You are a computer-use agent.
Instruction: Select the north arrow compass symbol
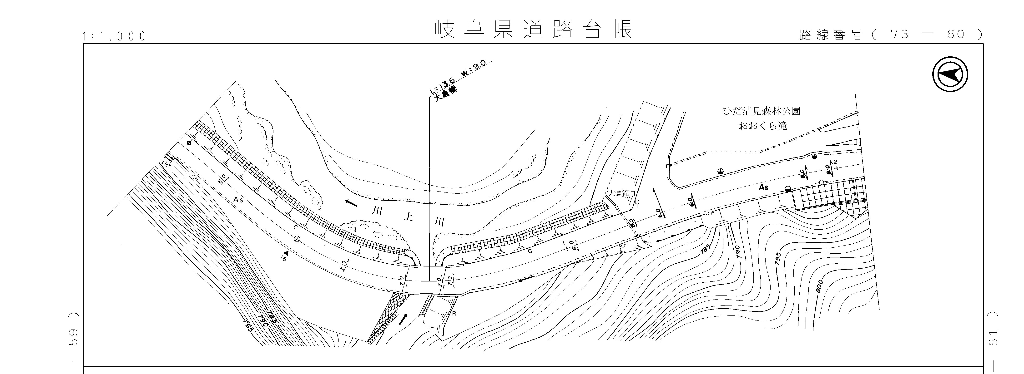(x=950, y=75)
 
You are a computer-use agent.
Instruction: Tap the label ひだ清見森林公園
(x=761, y=111)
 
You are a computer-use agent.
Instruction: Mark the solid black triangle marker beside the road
(x=285, y=252)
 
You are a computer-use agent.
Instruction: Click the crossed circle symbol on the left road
(x=296, y=239)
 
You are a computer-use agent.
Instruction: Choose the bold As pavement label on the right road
(x=763, y=187)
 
